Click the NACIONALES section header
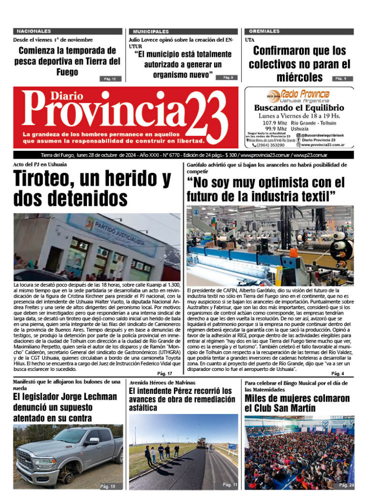tap(33, 31)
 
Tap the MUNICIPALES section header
tap(151, 31)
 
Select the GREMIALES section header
tap(264, 31)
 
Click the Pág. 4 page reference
tap(337, 373)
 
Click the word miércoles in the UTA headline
tap(299, 77)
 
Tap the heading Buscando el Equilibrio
tap(299, 108)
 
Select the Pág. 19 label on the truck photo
tap(108, 486)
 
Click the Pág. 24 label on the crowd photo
tap(346, 485)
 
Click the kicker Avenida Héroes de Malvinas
tap(162, 382)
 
